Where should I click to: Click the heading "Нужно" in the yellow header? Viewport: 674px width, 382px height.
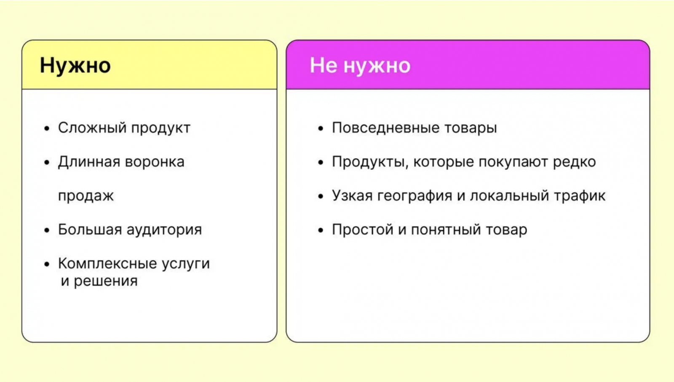75,66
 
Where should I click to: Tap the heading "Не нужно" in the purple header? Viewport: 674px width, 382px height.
360,65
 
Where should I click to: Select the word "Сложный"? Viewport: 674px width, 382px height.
92,128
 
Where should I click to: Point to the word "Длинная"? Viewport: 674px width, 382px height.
89,162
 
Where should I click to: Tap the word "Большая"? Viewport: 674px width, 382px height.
90,230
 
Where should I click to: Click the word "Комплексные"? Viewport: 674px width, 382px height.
107,264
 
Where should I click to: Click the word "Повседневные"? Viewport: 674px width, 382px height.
386,128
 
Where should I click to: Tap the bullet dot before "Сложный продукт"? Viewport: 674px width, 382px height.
47,129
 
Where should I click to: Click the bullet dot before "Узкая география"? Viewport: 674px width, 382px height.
321,196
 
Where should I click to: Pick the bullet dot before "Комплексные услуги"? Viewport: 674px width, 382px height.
47,264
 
